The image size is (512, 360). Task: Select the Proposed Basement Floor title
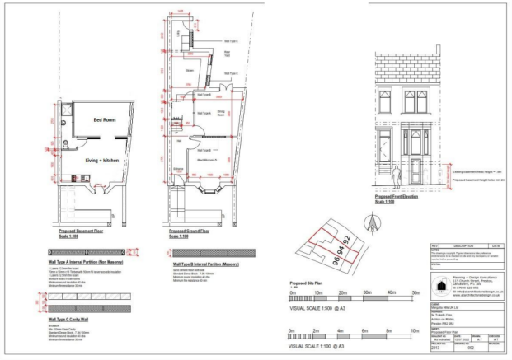(x=81, y=232)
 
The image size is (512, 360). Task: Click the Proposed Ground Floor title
(x=192, y=232)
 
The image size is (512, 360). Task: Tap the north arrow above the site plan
(x=370, y=220)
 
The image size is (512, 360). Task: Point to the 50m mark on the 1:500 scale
(x=416, y=292)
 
